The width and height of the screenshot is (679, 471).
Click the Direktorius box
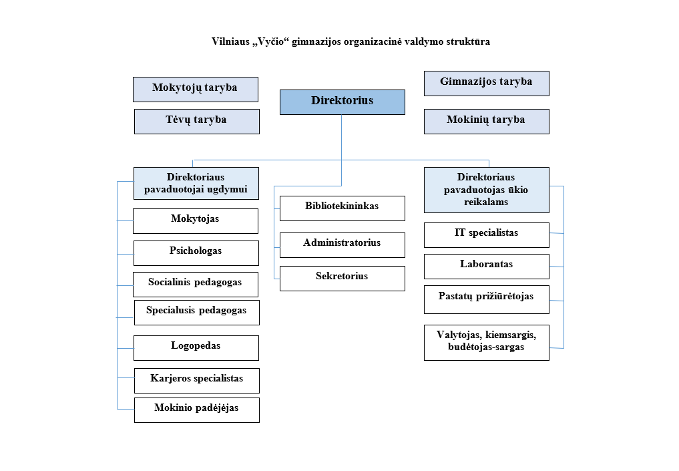342,102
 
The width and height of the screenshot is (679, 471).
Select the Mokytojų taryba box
195,89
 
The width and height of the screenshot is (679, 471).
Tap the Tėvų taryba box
196,121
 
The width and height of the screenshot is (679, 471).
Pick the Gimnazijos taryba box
486,83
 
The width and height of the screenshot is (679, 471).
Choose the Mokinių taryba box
486,121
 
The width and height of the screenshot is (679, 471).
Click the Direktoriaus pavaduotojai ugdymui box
196,184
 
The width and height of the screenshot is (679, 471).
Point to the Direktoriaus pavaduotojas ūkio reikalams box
486,190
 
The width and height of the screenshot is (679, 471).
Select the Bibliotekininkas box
342,208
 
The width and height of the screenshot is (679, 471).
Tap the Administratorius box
342,245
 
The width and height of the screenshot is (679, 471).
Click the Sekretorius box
342,278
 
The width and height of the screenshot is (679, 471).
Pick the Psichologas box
196,253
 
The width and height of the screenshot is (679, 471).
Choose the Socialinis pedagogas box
195,284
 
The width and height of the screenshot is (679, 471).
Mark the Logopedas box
196,347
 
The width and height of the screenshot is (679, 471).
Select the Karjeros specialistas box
196,380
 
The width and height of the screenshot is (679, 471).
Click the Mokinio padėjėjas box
196,410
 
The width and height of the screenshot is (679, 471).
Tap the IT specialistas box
486,234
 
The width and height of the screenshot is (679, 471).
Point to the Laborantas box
486,266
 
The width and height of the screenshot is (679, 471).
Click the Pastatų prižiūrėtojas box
486,299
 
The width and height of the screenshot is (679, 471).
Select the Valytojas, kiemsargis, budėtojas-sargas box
486,342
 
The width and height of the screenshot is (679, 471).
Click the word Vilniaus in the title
230,41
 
